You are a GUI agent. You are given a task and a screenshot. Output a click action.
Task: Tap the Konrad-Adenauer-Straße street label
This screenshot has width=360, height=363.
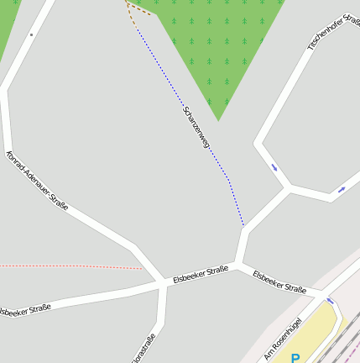[37, 181]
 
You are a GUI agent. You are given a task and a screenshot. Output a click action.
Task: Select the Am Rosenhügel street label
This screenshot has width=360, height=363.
[283, 339]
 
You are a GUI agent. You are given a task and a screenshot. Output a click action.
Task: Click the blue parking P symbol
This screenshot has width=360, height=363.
[295, 358]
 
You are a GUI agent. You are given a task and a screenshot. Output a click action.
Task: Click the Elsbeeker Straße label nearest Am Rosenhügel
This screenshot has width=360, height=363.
[279, 281]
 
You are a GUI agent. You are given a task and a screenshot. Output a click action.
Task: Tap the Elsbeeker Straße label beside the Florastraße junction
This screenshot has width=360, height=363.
[201, 274]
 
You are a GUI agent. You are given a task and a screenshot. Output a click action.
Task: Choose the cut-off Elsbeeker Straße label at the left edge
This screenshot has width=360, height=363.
[23, 310]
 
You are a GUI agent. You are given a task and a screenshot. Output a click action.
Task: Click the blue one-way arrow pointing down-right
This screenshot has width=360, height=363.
[274, 166]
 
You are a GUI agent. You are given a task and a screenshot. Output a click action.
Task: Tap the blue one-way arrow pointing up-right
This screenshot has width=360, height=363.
[342, 190]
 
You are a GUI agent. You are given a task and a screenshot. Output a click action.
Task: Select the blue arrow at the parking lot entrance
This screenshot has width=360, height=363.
[330, 300]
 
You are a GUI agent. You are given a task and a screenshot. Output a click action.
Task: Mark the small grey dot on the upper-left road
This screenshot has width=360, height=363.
[31, 34]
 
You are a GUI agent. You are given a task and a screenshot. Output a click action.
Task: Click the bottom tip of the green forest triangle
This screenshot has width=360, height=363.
[218, 119]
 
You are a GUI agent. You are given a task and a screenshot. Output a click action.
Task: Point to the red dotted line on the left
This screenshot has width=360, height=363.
[67, 266]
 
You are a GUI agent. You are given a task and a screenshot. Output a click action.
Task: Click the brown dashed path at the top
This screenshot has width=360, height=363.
[138, 10]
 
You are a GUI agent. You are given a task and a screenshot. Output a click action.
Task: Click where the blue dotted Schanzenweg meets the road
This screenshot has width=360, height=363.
[243, 226]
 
